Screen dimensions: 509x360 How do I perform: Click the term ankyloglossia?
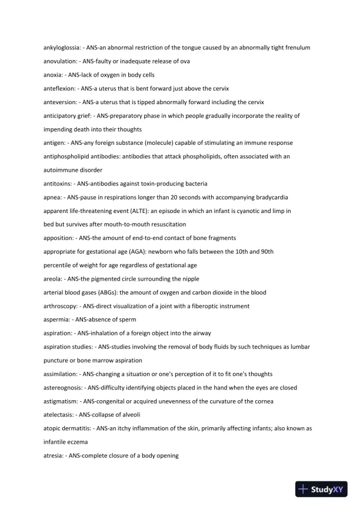tap(62, 47)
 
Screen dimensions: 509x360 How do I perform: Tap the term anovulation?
tap(60, 61)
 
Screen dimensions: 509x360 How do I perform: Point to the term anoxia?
tap(53, 75)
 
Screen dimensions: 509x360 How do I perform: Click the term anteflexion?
tap(59, 88)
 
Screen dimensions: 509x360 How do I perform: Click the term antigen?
tap(55, 143)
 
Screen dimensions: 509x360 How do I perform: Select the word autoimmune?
tap(58, 170)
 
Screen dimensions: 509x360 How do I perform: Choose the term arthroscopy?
tap(61, 306)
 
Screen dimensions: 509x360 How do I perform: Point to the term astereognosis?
tap(64, 388)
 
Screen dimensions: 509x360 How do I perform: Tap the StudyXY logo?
tap(322, 488)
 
